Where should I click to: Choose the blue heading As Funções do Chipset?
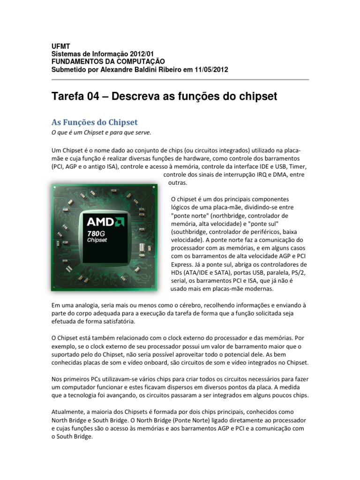coord(94,122)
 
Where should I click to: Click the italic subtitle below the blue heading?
coord(101,133)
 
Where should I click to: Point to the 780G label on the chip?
coord(99,233)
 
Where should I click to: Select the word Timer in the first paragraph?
coord(297,167)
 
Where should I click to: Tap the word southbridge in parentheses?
coord(190,232)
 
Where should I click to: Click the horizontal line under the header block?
coord(180,80)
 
